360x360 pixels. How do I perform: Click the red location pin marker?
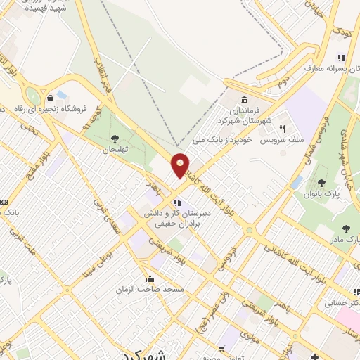(x=181, y=165)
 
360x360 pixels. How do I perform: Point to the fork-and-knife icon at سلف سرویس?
(x=282, y=129)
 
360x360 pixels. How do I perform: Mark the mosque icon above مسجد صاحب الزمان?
(x=150, y=278)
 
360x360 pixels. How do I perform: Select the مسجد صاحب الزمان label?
(x=150, y=289)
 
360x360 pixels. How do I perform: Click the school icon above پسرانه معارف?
(x=340, y=58)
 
